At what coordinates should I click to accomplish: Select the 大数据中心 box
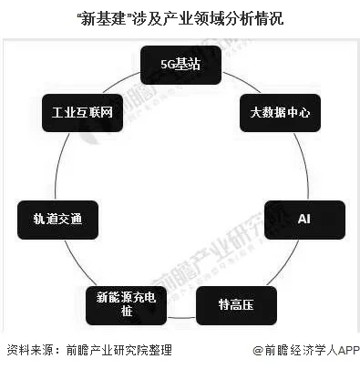pyautogui.click(x=280, y=113)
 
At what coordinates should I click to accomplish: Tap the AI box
pyautogui.click(x=304, y=219)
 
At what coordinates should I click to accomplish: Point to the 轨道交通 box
pyautogui.click(x=57, y=219)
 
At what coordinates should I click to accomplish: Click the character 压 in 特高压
pyautogui.click(x=246, y=304)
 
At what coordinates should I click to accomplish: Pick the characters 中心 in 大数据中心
pyautogui.click(x=299, y=113)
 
